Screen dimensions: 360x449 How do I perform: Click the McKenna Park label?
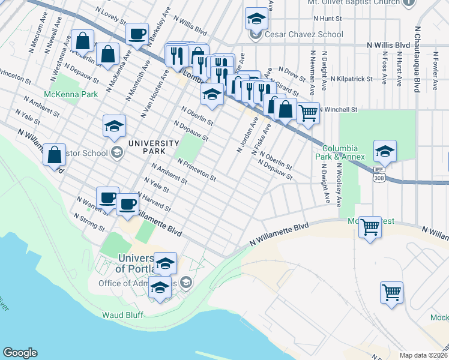[x=71, y=95]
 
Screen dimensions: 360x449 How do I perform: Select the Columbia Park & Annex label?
[x=340, y=153]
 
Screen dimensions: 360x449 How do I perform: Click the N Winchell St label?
[x=338, y=110]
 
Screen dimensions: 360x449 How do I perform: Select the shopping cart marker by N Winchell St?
[x=308, y=112]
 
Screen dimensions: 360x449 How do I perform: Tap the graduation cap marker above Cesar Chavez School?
[x=256, y=19]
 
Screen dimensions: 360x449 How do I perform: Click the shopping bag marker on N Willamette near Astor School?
[x=55, y=155]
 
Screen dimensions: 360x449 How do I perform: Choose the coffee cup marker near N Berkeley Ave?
[x=137, y=34]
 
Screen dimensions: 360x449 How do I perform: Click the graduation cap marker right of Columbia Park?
[x=385, y=151]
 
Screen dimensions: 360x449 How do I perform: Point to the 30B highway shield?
[x=378, y=178]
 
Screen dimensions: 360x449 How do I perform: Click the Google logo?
[x=20, y=353]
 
